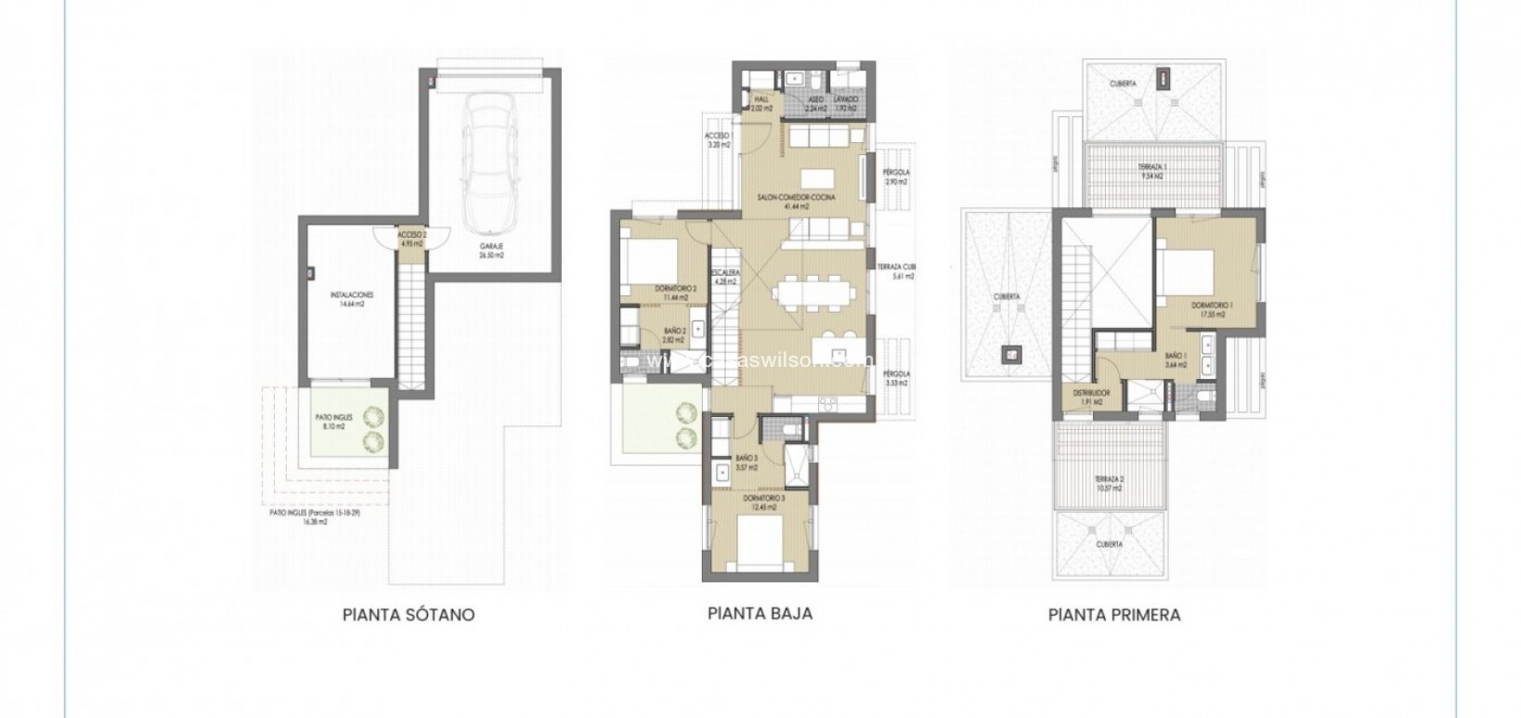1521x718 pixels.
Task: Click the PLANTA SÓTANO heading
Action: click(409, 615)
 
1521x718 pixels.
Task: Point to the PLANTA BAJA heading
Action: click(760, 613)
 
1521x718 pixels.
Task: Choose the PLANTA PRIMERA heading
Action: click(1114, 615)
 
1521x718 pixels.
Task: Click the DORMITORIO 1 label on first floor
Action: click(1211, 307)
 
